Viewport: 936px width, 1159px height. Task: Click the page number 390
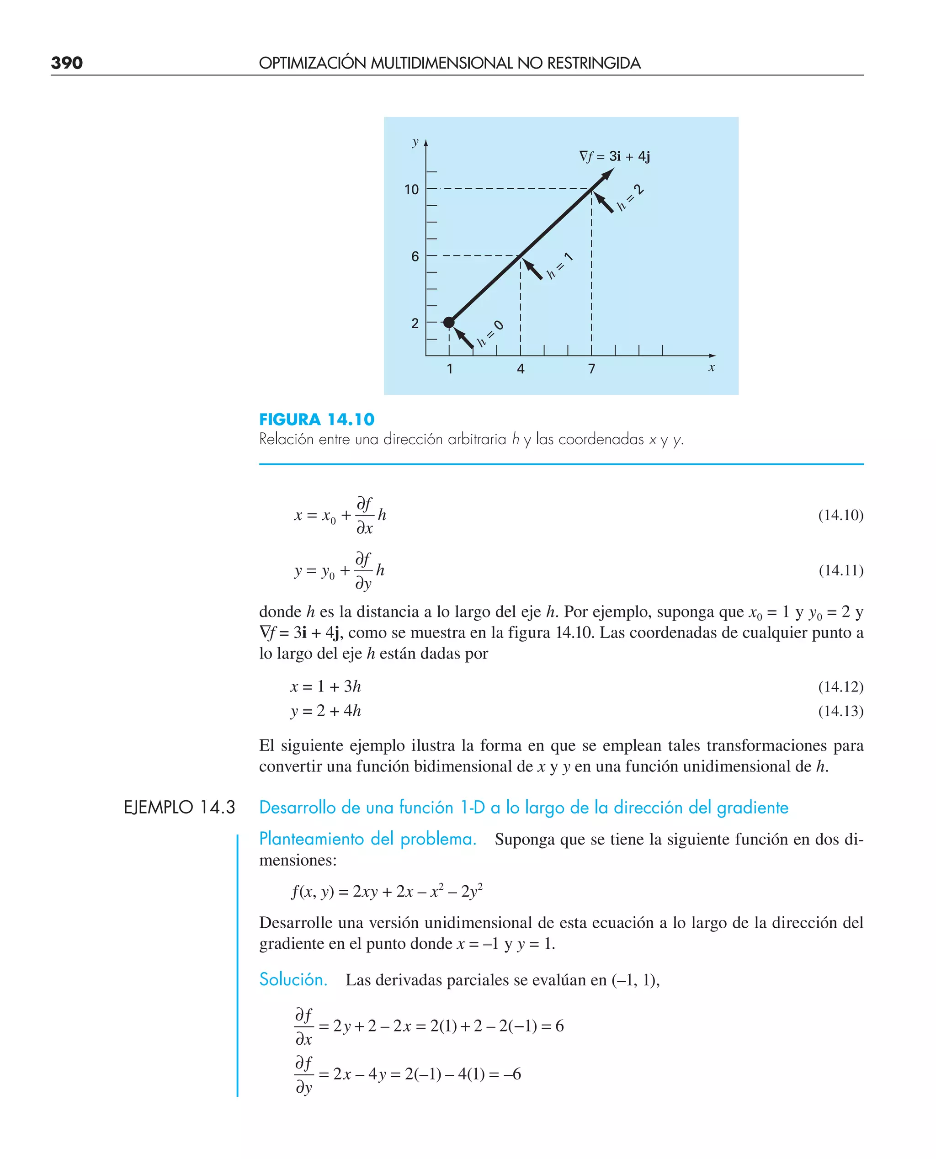click(67, 63)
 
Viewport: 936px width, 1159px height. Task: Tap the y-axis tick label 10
click(411, 190)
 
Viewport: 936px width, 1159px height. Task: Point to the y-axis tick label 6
click(415, 256)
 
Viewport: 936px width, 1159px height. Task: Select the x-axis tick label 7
click(591, 369)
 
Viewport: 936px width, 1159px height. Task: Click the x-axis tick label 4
click(520, 369)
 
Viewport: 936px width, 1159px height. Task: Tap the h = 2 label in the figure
click(630, 198)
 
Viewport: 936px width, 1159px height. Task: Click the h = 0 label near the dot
click(490, 334)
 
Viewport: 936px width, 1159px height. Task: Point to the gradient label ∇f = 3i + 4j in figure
click(614, 156)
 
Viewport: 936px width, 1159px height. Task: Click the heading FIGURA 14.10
click(316, 420)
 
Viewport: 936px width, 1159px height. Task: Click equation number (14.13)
click(840, 711)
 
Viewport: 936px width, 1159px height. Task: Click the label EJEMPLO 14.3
click(180, 808)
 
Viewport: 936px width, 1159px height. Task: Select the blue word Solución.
click(293, 979)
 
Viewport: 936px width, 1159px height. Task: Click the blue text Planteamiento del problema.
click(368, 839)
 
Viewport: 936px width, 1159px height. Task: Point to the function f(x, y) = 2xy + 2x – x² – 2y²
click(387, 891)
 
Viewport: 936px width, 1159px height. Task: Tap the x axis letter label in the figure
click(711, 367)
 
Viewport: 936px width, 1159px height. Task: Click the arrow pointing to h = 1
click(533, 268)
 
